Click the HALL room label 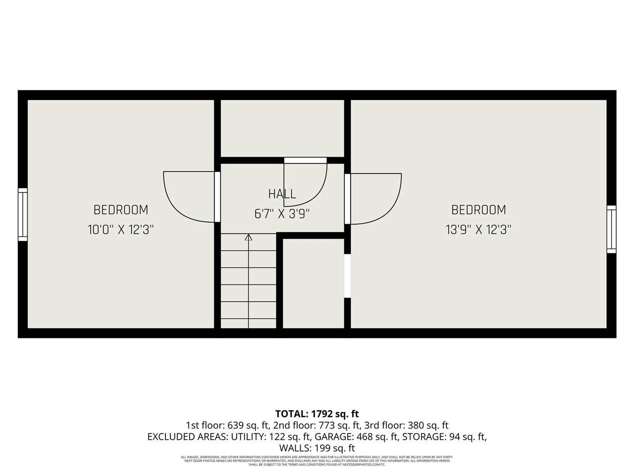point(282,194)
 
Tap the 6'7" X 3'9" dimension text point(282,214)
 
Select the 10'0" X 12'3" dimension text point(121,230)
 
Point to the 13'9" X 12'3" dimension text point(478,230)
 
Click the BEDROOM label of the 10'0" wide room point(121,210)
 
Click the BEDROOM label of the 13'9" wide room point(478,210)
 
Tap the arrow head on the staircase point(249,237)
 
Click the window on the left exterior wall point(23,214)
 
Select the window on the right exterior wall point(612,229)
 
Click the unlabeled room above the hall point(282,128)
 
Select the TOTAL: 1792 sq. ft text point(317,414)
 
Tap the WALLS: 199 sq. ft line point(317,448)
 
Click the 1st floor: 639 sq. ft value point(227,425)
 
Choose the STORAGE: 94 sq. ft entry point(444,437)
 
